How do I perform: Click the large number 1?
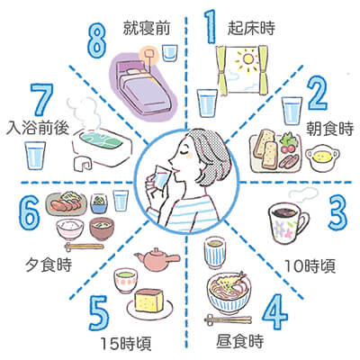pos(210,26)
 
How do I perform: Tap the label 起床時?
pos(251,29)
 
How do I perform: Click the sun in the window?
pos(247,59)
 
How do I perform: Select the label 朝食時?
pos(329,129)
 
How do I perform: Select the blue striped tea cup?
pos(215,253)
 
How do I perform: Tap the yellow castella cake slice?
pos(149,301)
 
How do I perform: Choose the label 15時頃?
pos(126,343)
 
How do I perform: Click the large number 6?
pos(29,213)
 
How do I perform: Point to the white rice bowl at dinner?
pos(70,229)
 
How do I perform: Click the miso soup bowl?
pos(102,229)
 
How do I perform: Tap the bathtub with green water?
pos(103,148)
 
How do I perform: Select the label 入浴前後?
pos(38,128)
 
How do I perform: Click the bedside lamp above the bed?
pos(148,55)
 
